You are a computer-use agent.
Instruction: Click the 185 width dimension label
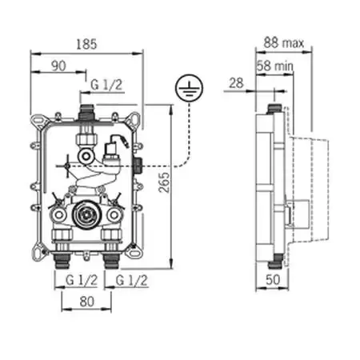coord(86,44)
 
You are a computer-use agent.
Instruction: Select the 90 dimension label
coord(58,66)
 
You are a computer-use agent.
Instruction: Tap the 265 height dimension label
coord(164,182)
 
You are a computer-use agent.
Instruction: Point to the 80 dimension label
coord(87,302)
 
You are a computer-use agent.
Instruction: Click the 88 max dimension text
coord(284,42)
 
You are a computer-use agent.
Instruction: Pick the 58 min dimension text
coord(274,66)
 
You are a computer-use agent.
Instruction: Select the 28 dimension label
coord(236,83)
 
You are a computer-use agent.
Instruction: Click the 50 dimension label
coord(273,279)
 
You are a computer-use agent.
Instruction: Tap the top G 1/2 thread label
coord(106,85)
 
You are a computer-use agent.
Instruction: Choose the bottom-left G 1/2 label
coord(82,280)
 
